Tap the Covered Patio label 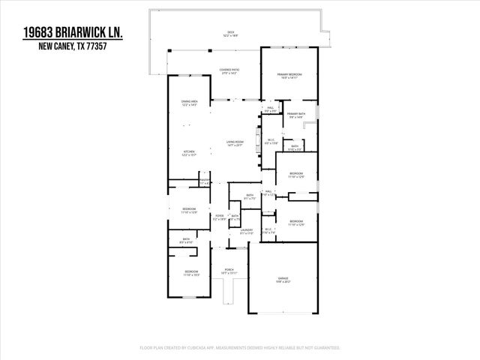click(x=229, y=70)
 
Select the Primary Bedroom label click(x=291, y=75)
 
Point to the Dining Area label click(x=188, y=102)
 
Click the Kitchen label click(x=188, y=153)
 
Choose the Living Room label click(x=235, y=142)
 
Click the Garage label click(x=283, y=279)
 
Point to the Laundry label click(x=246, y=230)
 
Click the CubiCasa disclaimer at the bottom click(x=240, y=348)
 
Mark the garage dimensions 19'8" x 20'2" click(x=283, y=283)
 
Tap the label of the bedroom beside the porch click(x=191, y=272)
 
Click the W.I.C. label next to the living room click(x=271, y=140)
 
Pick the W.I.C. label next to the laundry click(x=268, y=230)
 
